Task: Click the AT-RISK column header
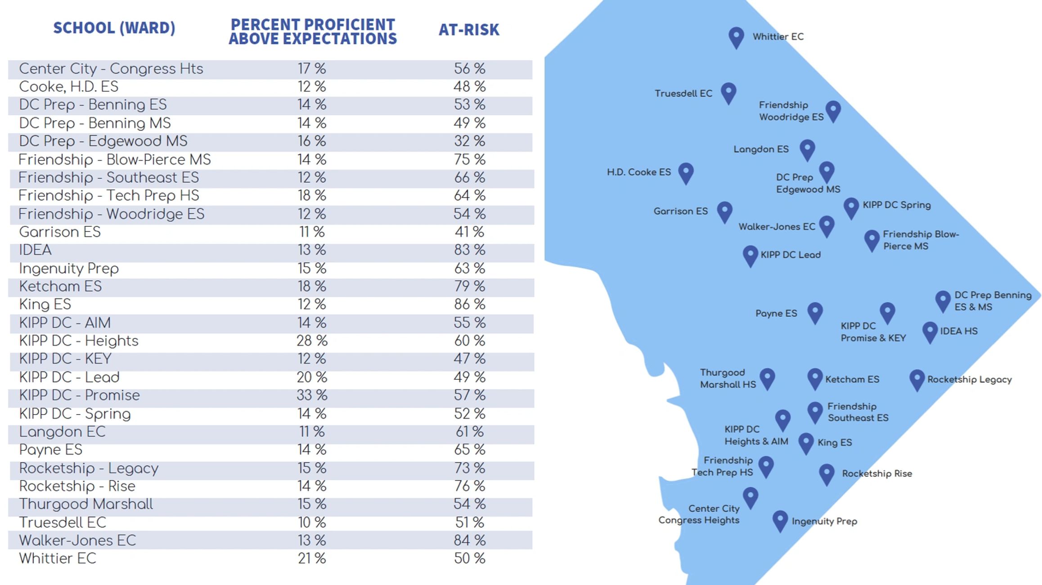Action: pyautogui.click(x=469, y=30)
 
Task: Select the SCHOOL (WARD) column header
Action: pyautogui.click(x=114, y=28)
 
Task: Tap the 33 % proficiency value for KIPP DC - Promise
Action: pyautogui.click(x=312, y=395)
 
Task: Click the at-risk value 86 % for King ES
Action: pyautogui.click(x=469, y=304)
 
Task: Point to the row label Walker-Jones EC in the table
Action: pyautogui.click(x=77, y=540)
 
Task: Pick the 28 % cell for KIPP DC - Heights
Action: pyautogui.click(x=312, y=341)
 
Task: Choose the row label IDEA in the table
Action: pyautogui.click(x=35, y=250)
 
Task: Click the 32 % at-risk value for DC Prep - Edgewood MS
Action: pyautogui.click(x=469, y=141)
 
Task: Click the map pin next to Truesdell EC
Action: pyautogui.click(x=728, y=92)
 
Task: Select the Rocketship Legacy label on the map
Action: pyautogui.click(x=969, y=379)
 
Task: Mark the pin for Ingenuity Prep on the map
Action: pyautogui.click(x=780, y=520)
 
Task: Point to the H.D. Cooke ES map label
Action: pyautogui.click(x=638, y=172)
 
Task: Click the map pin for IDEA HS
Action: pyautogui.click(x=930, y=331)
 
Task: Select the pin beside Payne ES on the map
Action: pyautogui.click(x=815, y=312)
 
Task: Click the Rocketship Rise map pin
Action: pyautogui.click(x=826, y=473)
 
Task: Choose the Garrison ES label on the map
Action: pyautogui.click(x=680, y=211)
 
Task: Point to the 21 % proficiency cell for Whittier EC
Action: pyautogui.click(x=312, y=558)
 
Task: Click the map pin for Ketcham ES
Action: pyautogui.click(x=815, y=378)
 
